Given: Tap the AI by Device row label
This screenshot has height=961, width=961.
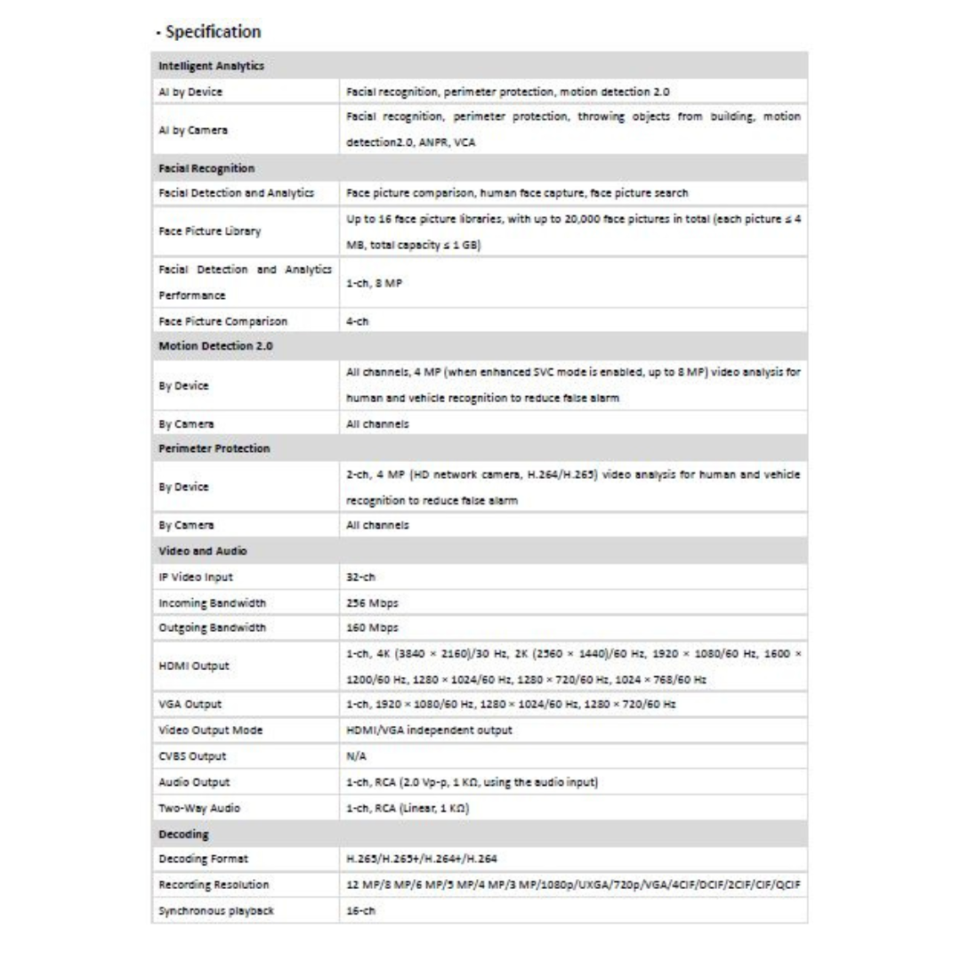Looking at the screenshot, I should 184,92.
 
